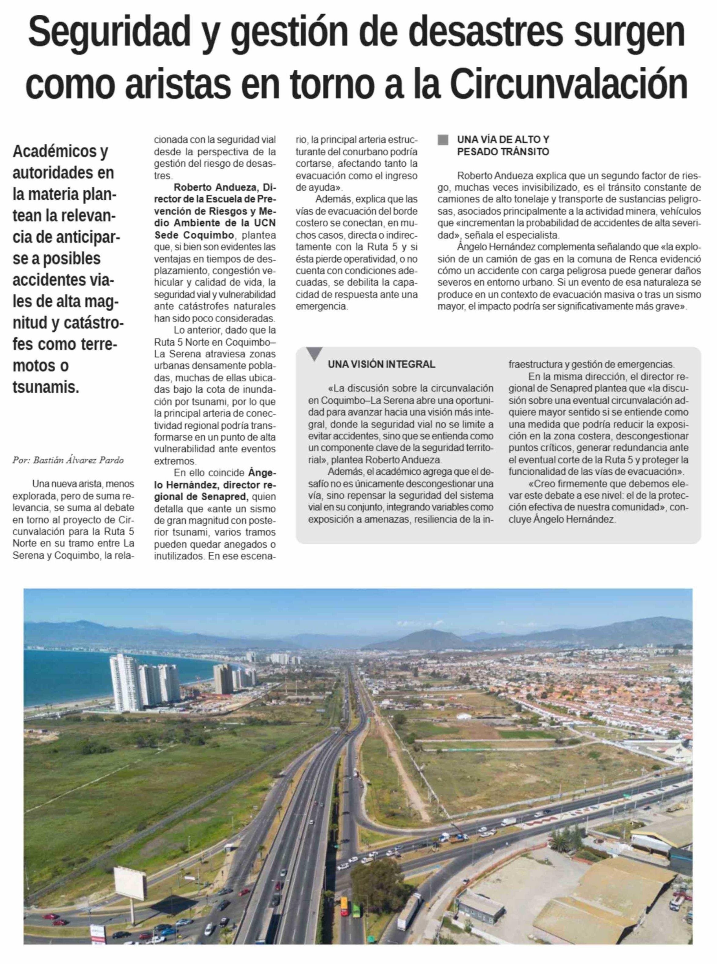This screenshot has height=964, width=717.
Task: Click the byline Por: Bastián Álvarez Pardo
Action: click(x=68, y=460)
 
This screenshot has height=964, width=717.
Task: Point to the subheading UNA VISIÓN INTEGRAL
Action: click(x=381, y=365)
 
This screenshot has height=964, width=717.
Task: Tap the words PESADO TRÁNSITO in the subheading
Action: click(x=503, y=152)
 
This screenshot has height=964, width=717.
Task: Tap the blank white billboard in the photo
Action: click(x=130, y=883)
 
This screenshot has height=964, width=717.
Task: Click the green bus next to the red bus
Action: click(x=356, y=910)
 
